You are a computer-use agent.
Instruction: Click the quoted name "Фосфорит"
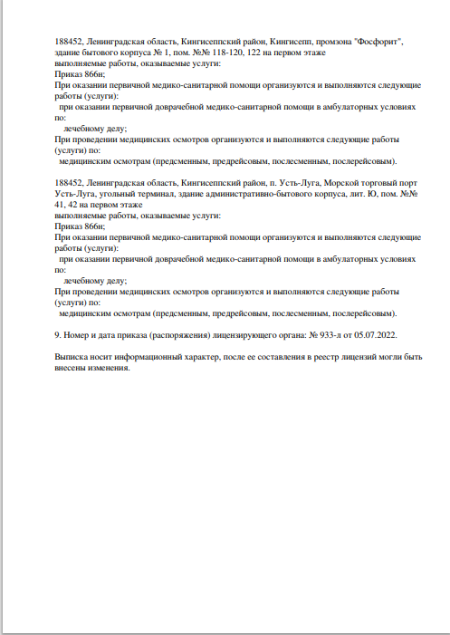coord(382,43)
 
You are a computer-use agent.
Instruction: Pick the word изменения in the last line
coord(111,370)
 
